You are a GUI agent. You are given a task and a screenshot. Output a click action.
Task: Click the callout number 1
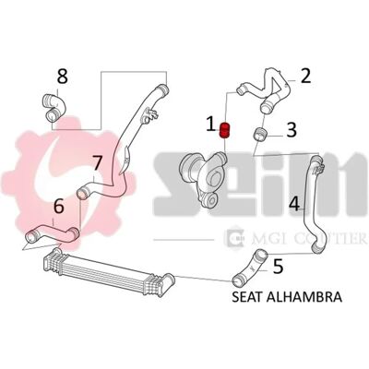[x=210, y=125]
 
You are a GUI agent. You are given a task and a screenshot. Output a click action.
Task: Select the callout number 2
[x=305, y=76]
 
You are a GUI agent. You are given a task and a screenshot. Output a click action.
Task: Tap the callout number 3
[x=291, y=129]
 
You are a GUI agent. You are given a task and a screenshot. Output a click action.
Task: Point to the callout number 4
[x=294, y=203]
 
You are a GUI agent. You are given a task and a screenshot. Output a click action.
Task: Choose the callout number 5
[x=278, y=267]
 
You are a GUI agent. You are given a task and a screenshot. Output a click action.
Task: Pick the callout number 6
[x=58, y=206]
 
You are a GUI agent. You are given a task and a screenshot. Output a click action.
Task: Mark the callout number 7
[x=97, y=163]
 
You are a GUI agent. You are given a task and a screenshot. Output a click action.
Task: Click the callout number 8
[x=63, y=77]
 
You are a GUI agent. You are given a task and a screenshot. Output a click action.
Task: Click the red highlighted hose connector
[x=225, y=131]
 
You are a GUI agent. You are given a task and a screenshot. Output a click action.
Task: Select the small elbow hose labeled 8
[x=54, y=106]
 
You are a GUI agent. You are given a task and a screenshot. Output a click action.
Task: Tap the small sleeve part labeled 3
[x=260, y=135]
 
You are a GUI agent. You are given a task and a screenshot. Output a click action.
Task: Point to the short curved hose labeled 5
[x=249, y=267]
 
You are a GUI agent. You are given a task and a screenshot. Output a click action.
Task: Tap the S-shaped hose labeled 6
[x=53, y=234]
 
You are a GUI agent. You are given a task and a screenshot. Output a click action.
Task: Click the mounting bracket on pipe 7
[x=149, y=115]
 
